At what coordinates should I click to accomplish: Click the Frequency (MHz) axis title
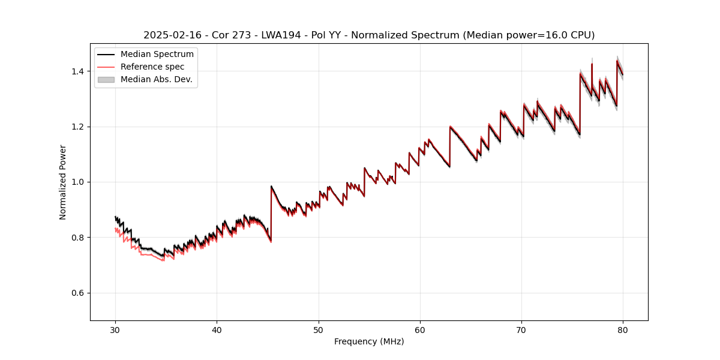tap(369, 341)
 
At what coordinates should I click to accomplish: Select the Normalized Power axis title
tap(63, 182)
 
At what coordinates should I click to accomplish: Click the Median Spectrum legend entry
tap(157, 55)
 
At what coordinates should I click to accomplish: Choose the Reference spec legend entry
tap(152, 67)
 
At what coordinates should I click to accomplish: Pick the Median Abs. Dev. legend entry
tap(156, 79)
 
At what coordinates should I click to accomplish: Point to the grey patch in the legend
tap(106, 79)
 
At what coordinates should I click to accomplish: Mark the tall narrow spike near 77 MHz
tap(592, 65)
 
